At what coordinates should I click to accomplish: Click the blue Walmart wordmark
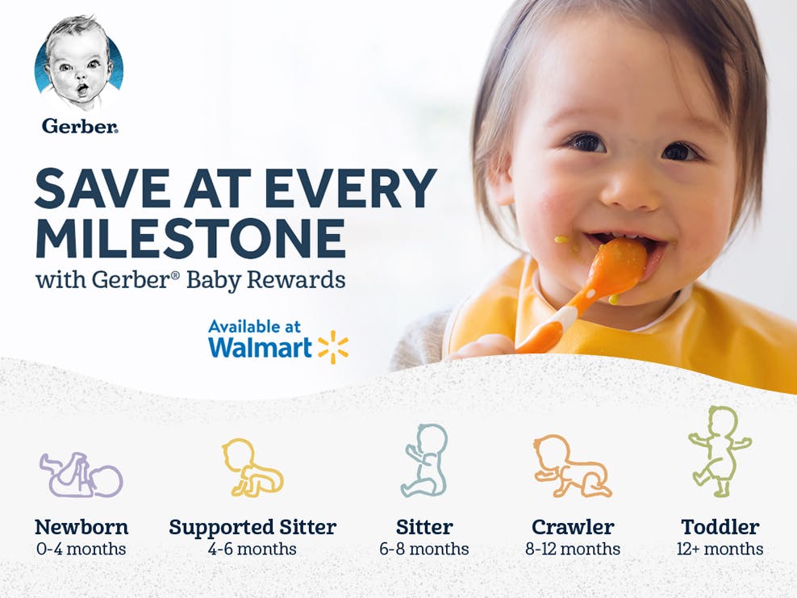260,348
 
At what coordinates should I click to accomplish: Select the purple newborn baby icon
81,475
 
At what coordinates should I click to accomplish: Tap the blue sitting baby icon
425,461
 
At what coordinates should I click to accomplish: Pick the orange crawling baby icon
571,466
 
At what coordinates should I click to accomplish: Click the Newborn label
81,528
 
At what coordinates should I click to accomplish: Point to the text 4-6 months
252,550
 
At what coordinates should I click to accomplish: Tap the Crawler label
573,528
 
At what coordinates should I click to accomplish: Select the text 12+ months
720,550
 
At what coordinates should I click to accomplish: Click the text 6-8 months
424,550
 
